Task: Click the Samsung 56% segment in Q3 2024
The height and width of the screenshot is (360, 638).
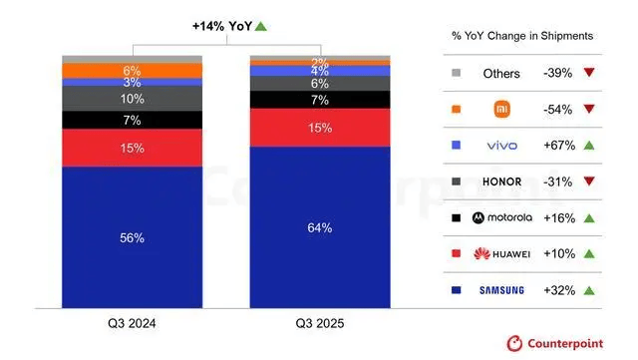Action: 132,237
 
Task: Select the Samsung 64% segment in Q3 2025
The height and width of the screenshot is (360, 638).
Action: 320,227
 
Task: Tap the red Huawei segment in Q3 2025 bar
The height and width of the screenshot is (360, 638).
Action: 320,128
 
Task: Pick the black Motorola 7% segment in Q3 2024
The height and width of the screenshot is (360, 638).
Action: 132,120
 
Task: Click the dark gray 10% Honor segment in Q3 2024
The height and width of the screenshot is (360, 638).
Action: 132,99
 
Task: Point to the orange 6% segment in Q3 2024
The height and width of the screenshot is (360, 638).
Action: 132,71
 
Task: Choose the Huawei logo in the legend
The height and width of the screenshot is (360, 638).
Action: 507,253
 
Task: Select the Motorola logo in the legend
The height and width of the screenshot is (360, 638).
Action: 507,216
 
